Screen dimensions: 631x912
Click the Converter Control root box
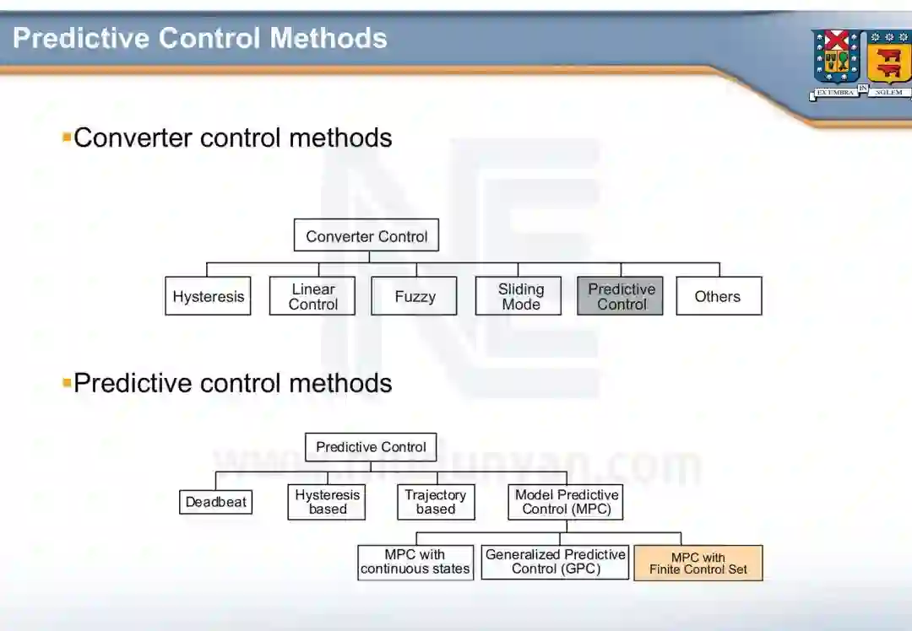(x=366, y=235)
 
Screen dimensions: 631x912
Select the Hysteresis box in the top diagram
(x=208, y=296)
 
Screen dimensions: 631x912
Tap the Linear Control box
(x=312, y=296)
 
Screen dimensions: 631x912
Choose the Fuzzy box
(x=415, y=296)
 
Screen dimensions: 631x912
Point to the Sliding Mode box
(x=520, y=296)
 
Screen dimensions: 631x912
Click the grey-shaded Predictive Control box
(x=621, y=296)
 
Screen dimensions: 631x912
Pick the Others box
(x=718, y=296)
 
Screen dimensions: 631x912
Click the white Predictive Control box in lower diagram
(x=371, y=447)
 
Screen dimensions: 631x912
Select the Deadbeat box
(x=216, y=502)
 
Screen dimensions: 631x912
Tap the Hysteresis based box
(x=327, y=502)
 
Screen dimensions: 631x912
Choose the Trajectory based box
(x=436, y=502)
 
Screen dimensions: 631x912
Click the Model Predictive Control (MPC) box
(x=567, y=502)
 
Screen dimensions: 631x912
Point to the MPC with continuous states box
(x=415, y=563)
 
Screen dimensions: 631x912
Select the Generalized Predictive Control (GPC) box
(x=556, y=563)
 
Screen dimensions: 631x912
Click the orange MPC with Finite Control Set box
(x=698, y=563)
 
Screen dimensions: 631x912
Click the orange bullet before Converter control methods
(x=67, y=137)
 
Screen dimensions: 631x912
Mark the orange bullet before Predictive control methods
(x=67, y=382)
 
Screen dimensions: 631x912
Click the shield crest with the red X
(x=836, y=57)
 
